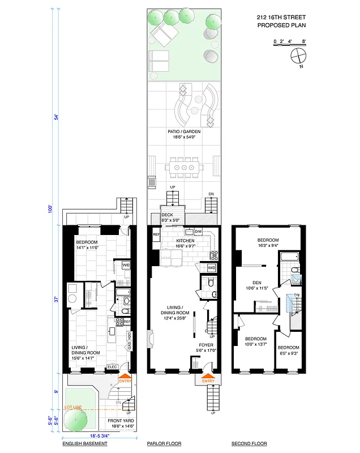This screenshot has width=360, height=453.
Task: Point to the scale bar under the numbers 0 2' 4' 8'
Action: click(289, 46)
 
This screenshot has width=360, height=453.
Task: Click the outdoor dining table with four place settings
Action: click(185, 168)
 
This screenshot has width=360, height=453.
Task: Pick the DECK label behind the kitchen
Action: click(167, 215)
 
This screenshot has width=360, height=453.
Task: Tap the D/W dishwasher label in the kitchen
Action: click(198, 232)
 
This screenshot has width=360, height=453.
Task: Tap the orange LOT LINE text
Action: click(73, 407)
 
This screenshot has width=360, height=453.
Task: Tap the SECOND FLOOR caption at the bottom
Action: click(249, 445)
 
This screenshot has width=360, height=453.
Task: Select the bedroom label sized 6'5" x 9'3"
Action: click(289, 349)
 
